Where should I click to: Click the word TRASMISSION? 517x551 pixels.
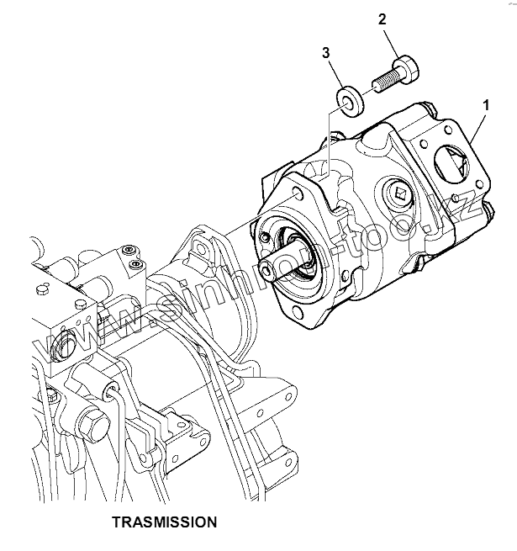pyautogui.click(x=164, y=522)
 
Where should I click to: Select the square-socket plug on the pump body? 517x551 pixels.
pyautogui.click(x=399, y=195)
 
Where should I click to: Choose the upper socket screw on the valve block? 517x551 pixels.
pyautogui.click(x=129, y=251)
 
